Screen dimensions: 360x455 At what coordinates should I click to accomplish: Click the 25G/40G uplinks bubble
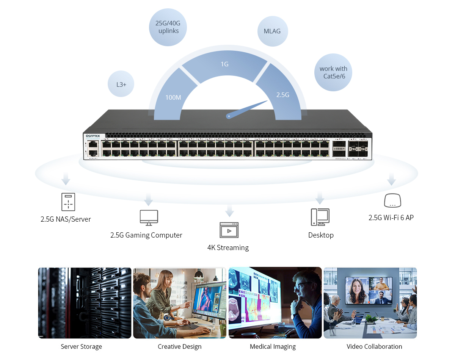click(168, 27)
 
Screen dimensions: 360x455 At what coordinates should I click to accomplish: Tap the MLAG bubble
click(272, 31)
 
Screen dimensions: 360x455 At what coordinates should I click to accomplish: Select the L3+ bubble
click(121, 84)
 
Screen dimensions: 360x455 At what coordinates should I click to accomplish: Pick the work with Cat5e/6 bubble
click(333, 72)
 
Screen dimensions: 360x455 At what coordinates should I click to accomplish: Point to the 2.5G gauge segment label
click(282, 95)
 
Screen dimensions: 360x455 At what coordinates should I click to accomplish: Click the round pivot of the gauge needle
click(229, 116)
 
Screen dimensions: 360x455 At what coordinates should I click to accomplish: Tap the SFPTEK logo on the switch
click(93, 136)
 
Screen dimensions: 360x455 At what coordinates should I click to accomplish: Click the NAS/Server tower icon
click(68, 202)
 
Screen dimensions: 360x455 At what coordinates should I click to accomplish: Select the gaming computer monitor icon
click(149, 218)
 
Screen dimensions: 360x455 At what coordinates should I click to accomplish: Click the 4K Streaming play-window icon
click(229, 230)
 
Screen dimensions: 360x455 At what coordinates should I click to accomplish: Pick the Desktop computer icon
click(320, 217)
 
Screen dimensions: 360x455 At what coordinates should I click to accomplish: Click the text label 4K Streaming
click(228, 248)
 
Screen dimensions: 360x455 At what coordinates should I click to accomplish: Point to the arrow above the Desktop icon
click(320, 197)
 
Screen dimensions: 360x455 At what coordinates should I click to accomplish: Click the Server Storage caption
click(82, 346)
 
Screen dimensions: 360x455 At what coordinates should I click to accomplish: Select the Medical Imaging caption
click(273, 346)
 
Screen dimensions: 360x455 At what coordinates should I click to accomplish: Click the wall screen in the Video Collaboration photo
click(369, 291)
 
